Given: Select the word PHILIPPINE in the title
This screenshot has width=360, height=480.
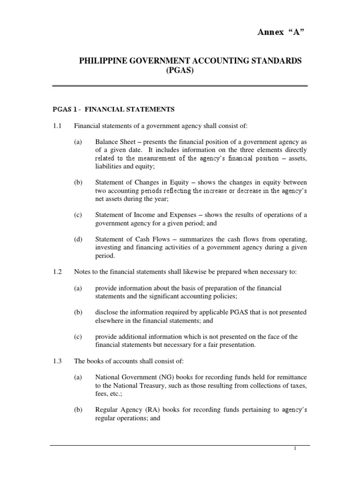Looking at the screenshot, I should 101,61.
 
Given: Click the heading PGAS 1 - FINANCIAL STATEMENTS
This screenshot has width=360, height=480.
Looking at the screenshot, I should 113,109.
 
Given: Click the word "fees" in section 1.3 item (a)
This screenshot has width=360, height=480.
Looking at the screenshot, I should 101,393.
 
